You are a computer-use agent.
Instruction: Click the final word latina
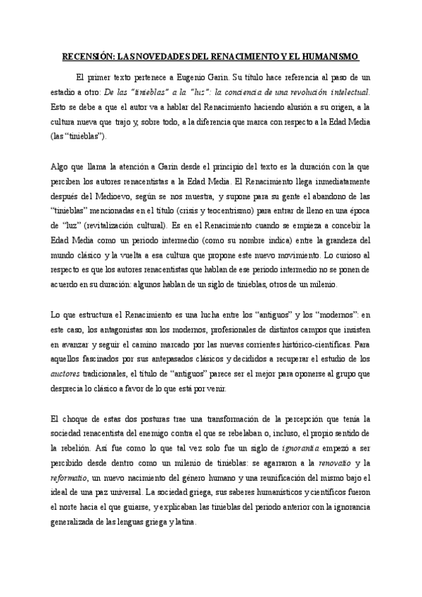tap(184, 524)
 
